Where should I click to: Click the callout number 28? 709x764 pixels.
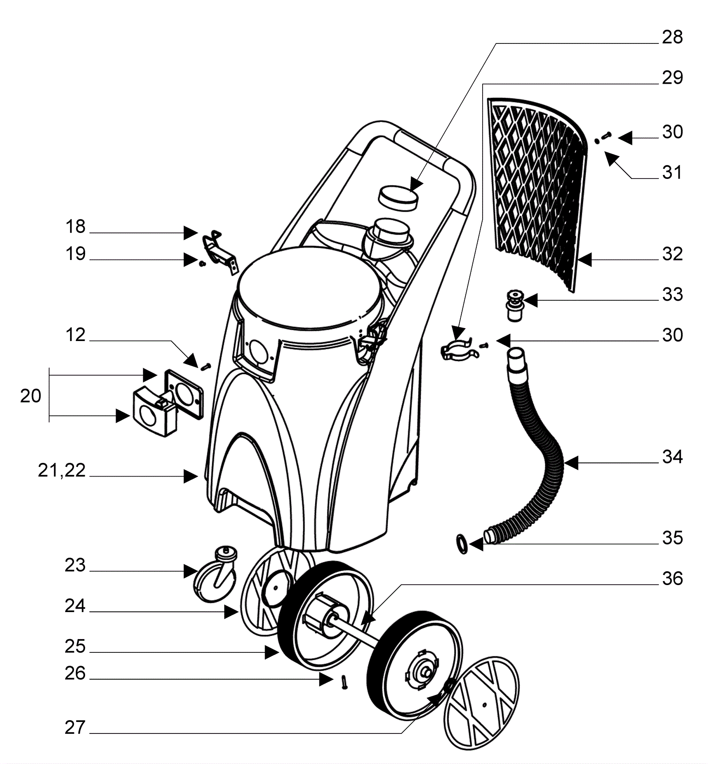672,37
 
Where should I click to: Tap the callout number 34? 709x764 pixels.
672,457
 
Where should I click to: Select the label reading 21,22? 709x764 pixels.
62,470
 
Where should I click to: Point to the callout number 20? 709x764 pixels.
31,396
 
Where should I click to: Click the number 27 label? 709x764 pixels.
74,728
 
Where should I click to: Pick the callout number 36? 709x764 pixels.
672,578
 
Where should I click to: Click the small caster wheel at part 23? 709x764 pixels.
216,574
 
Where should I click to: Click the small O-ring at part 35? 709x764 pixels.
461,543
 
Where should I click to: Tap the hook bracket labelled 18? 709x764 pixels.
220,251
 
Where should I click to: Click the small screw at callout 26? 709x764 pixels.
344,682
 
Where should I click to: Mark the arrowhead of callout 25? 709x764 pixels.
272,652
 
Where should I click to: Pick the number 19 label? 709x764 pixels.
75,254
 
